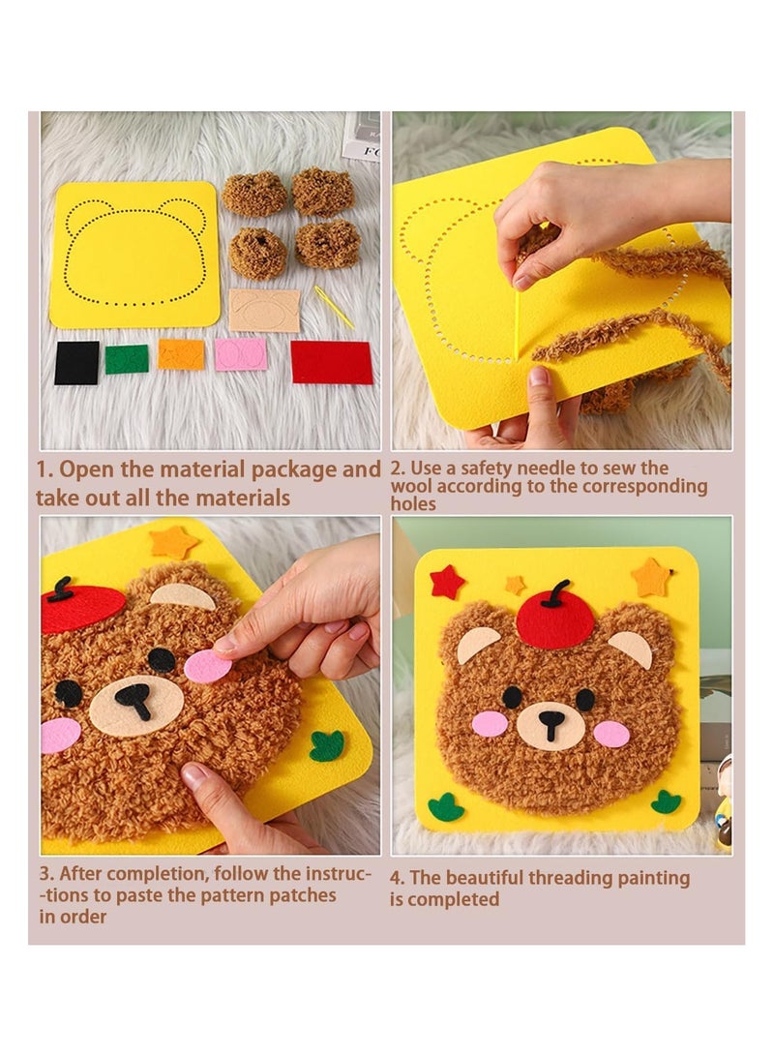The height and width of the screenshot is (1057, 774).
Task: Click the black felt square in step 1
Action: pos(76,363)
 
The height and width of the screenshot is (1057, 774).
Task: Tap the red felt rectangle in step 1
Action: pos(331,362)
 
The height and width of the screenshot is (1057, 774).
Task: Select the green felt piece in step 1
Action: pos(127,359)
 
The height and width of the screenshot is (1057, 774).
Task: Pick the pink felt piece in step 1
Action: pos(240,354)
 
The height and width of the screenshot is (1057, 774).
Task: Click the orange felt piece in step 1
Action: pos(182,354)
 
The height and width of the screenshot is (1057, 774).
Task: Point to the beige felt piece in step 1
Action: pos(264,311)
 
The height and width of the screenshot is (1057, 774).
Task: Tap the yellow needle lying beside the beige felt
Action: pos(334,307)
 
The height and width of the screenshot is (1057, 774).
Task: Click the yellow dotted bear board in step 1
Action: pos(134,255)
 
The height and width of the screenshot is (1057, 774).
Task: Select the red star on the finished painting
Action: pos(447,582)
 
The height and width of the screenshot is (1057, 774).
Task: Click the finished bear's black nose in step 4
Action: pos(551,721)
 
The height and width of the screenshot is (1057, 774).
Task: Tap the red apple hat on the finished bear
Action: pos(554,617)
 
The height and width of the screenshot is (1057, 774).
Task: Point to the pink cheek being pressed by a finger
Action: pos(208,667)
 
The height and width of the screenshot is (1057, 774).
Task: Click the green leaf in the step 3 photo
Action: pos(326,745)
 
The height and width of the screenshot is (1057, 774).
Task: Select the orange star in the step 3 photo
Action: pos(174,542)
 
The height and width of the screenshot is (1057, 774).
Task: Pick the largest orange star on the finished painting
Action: pos(651,578)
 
